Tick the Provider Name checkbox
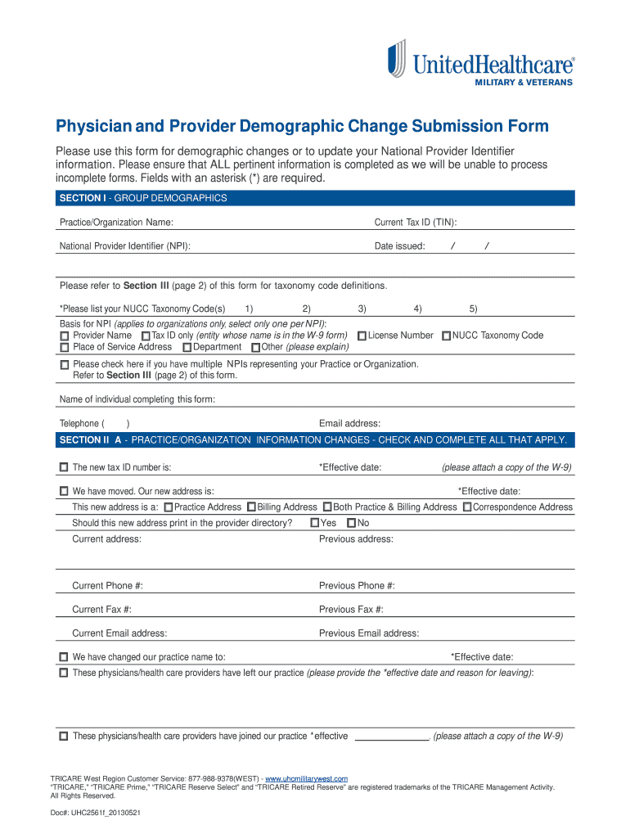[x=65, y=336]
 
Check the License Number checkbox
[x=361, y=336]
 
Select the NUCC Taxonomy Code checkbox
[x=446, y=336]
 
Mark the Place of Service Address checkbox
[x=65, y=348]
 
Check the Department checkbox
[x=187, y=348]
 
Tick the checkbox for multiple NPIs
[x=65, y=365]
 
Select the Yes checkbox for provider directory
[x=315, y=523]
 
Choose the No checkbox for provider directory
[x=352, y=523]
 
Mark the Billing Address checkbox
[x=251, y=507]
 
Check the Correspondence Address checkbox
[x=466, y=507]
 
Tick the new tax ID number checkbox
[x=64, y=468]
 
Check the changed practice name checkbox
[x=64, y=657]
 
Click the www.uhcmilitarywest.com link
[x=307, y=778]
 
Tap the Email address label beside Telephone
[x=349, y=424]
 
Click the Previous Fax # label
[x=351, y=610]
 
